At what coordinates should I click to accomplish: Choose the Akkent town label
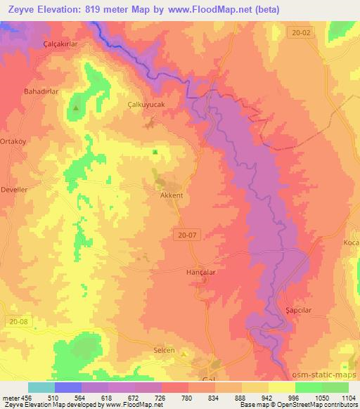[172, 196]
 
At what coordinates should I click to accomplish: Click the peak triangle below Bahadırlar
[76, 108]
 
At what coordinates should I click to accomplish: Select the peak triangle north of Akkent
[155, 152]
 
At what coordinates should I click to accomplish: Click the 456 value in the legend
[22, 397]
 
